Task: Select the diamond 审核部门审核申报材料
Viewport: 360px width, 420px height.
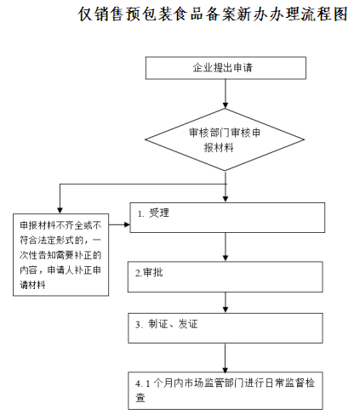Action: click(225, 139)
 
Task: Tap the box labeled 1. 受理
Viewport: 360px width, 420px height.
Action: click(226, 216)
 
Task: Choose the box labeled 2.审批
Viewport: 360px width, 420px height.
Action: click(226, 275)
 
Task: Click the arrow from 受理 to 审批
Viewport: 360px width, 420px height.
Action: click(226, 246)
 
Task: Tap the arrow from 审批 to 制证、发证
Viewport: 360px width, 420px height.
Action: click(226, 301)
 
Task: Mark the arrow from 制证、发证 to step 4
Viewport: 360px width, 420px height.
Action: click(226, 355)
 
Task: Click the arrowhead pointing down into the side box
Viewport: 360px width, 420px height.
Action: click(59, 209)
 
